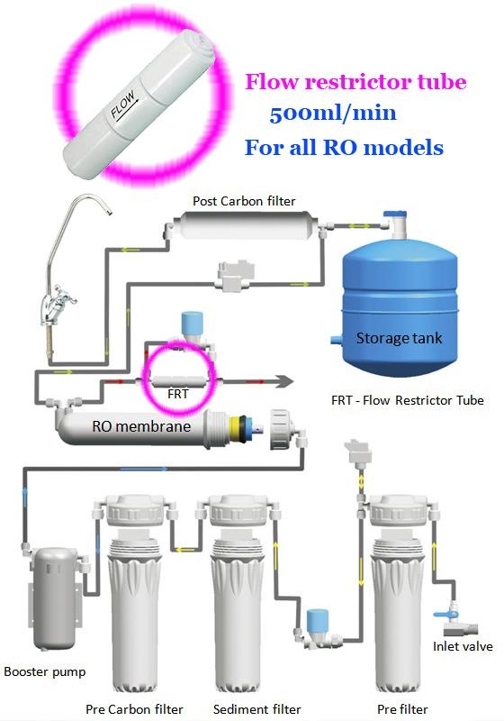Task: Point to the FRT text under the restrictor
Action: coord(177,394)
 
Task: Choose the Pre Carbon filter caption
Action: coord(134,709)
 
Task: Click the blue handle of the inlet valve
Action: coord(442,614)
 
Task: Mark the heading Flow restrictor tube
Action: coord(355,82)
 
